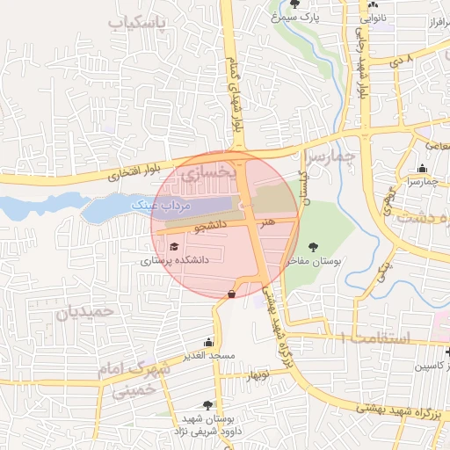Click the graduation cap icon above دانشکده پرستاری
click(174, 247)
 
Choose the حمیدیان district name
click(86, 311)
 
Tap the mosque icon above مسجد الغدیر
click(208, 342)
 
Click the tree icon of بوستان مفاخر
click(315, 247)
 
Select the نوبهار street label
click(258, 375)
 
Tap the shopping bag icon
click(231, 294)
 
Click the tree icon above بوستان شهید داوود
click(207, 405)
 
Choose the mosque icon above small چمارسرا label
click(423, 169)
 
